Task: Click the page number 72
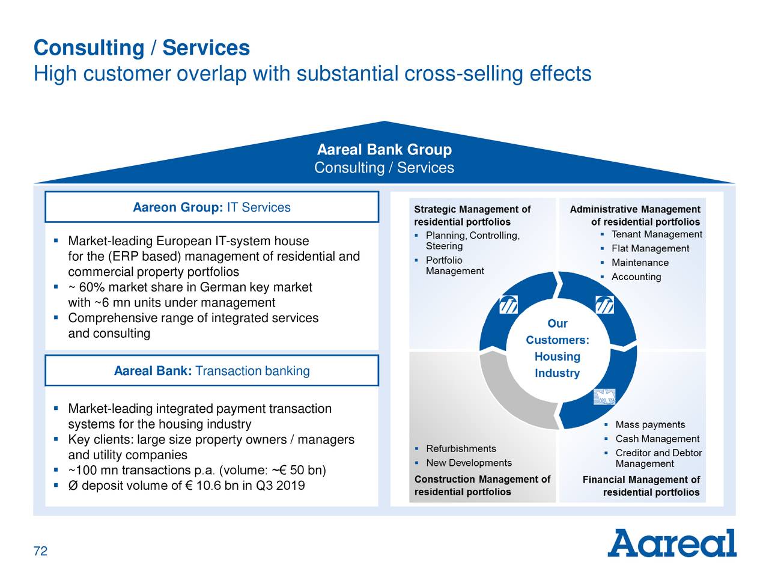[40, 552]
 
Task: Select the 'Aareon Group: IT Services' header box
[211, 207]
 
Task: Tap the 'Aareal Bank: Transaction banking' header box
[211, 371]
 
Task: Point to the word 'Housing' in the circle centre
[557, 356]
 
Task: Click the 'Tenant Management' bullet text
[656, 234]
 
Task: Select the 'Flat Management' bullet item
[650, 248]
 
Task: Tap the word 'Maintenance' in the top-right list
[640, 263]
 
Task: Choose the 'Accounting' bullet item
[636, 276]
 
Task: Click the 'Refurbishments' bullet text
[461, 448]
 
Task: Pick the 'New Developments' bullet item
[469, 463]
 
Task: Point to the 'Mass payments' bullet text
[650, 425]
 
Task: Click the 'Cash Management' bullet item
[657, 439]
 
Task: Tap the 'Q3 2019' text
[280, 485]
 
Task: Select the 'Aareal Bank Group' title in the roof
[384, 150]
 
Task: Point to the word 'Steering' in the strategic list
[444, 246]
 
